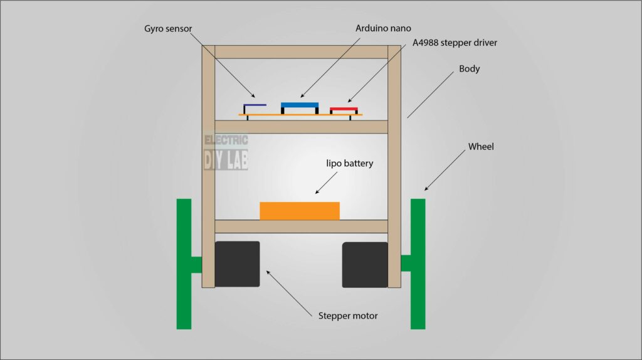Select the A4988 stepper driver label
pos(455,43)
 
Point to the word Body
pos(469,68)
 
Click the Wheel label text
pos(481,147)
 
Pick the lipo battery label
pos(349,164)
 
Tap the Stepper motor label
pos(348,315)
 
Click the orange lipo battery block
pos(300,211)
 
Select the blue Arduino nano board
pos(300,105)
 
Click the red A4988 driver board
pos(343,110)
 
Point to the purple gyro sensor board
pos(255,105)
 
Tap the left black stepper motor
pos(237,264)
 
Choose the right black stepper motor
pos(365,265)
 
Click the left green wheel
pos(184,263)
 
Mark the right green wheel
pos(418,263)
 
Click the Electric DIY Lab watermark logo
pos(226,152)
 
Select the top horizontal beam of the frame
pos(301,51)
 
